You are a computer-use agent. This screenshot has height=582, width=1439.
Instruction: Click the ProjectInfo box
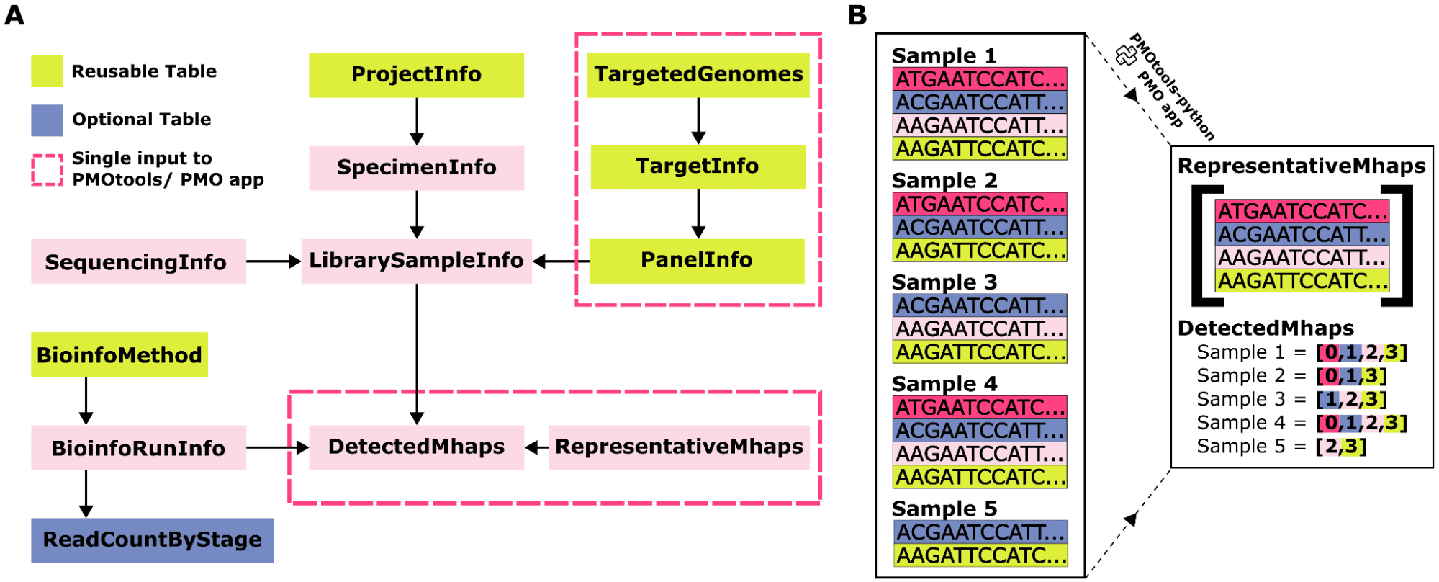click(x=416, y=75)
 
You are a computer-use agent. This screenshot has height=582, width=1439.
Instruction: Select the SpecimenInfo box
click(x=416, y=168)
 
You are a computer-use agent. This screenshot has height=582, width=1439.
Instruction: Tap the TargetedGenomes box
click(x=698, y=75)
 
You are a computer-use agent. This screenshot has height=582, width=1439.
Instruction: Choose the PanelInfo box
click(x=696, y=261)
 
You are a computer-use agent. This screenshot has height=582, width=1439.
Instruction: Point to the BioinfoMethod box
click(x=119, y=354)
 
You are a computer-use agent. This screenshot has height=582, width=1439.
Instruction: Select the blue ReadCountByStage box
click(x=152, y=540)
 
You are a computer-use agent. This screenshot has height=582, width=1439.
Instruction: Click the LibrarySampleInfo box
click(x=416, y=261)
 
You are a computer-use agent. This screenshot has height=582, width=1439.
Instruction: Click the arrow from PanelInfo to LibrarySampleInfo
click(x=561, y=261)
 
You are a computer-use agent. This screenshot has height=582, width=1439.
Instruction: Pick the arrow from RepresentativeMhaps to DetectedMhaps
click(x=536, y=447)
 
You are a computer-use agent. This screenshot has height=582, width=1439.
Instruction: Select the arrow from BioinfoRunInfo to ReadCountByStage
click(x=86, y=494)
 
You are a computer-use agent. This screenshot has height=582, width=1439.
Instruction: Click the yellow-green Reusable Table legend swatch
click(x=47, y=71)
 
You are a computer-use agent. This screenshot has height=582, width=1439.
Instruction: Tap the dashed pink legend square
click(x=47, y=170)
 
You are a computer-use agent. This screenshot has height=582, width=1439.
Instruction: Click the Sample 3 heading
click(x=944, y=282)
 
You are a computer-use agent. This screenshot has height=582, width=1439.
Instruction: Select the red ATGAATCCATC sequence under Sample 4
click(x=980, y=408)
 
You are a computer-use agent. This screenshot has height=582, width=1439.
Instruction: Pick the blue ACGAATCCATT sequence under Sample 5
click(x=980, y=532)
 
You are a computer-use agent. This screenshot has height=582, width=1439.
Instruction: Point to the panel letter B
click(x=857, y=15)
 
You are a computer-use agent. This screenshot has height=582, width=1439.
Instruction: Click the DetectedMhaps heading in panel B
click(x=1266, y=328)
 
